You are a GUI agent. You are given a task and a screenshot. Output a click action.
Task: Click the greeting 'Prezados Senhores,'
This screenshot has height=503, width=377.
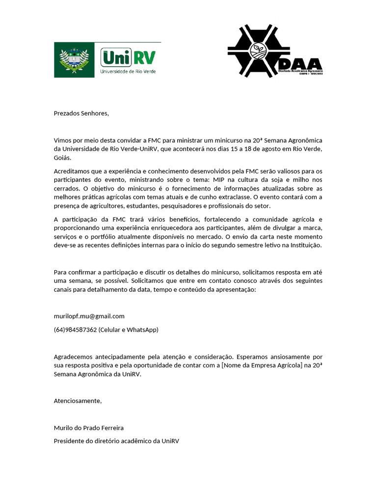pyautogui.click(x=81, y=113)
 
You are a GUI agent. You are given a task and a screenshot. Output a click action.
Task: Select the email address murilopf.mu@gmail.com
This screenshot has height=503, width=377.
pyautogui.click(x=89, y=316)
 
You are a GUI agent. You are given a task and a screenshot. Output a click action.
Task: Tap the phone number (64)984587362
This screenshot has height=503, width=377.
pyautogui.click(x=75, y=330)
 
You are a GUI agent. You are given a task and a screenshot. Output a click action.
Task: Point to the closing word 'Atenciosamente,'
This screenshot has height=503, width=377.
pyautogui.click(x=78, y=401)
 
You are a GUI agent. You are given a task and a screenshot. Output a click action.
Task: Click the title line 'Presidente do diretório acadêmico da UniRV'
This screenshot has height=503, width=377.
pyautogui.click(x=116, y=441)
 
